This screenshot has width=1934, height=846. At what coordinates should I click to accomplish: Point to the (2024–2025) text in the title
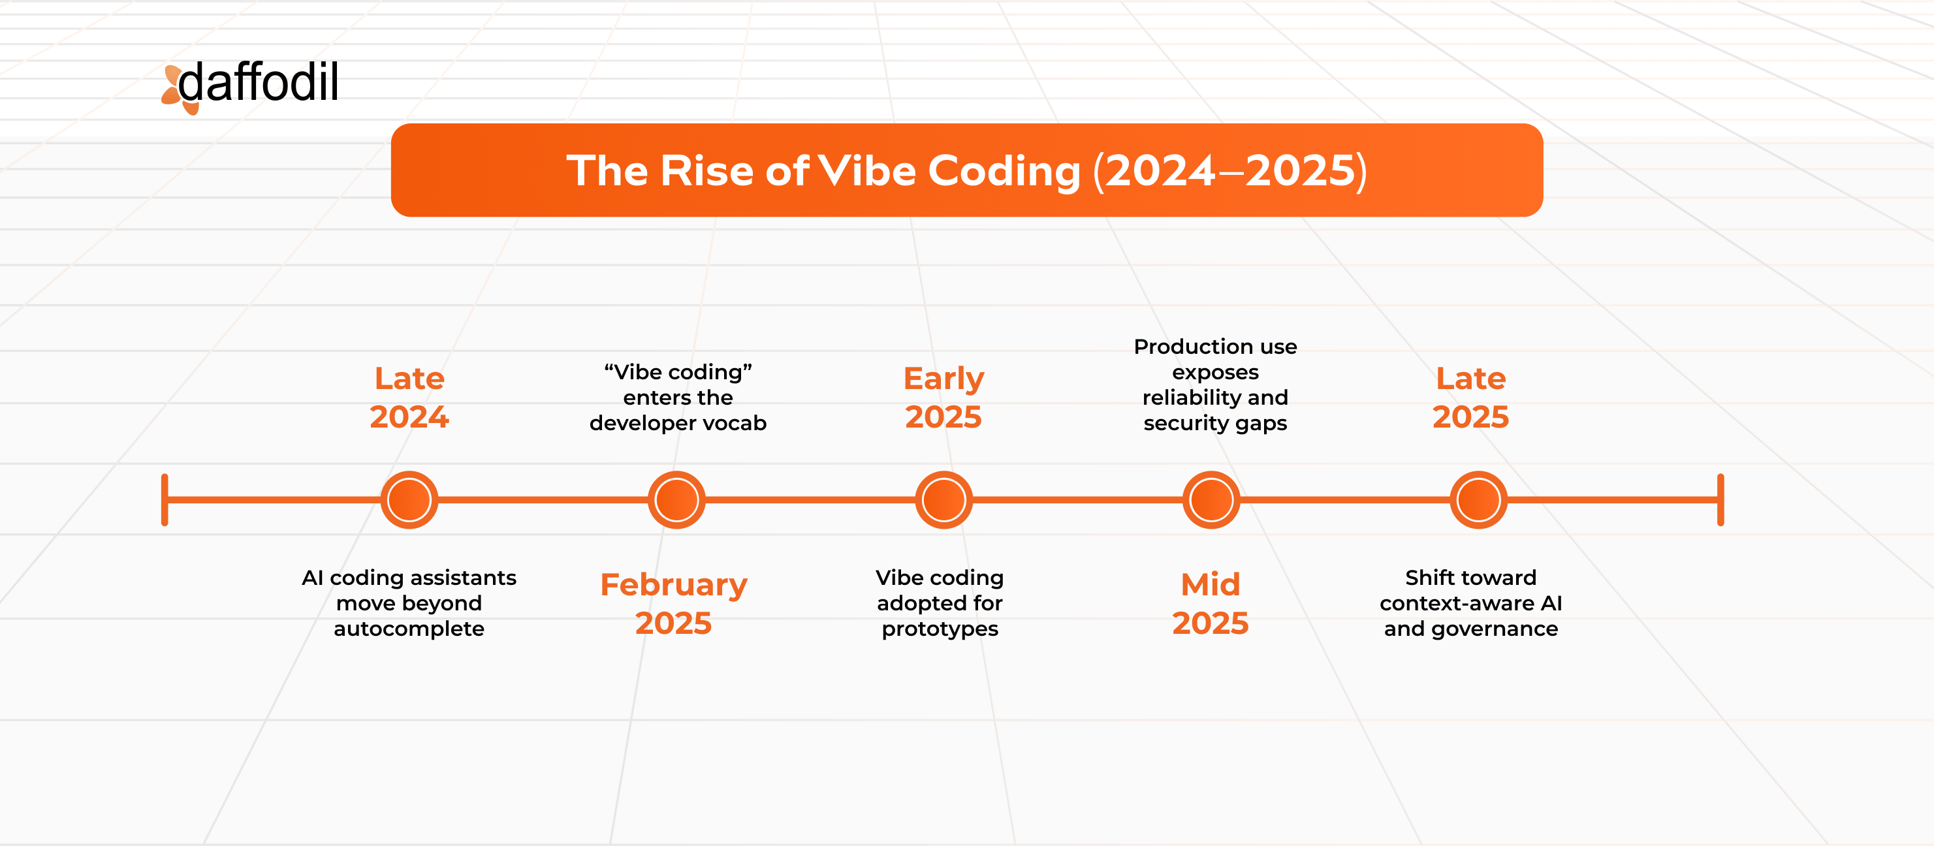click(1229, 170)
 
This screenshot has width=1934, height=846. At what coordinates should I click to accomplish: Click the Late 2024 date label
click(409, 398)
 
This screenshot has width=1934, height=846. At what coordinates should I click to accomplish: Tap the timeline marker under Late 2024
click(409, 500)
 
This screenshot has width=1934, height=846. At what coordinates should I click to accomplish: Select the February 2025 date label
click(673, 604)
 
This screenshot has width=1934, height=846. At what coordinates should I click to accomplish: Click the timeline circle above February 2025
click(676, 500)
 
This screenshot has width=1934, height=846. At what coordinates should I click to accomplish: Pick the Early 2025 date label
click(943, 398)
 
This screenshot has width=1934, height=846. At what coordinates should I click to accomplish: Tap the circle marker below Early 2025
click(943, 500)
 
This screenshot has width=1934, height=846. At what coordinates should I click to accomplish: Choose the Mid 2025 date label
click(1211, 604)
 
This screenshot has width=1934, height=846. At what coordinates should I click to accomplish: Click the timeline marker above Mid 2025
click(1211, 500)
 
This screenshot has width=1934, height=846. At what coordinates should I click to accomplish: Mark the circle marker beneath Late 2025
click(1478, 500)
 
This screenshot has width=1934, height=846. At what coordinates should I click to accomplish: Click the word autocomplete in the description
click(409, 629)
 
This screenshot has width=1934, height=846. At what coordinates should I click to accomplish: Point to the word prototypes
click(940, 629)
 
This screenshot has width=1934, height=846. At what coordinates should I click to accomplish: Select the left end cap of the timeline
click(165, 500)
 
